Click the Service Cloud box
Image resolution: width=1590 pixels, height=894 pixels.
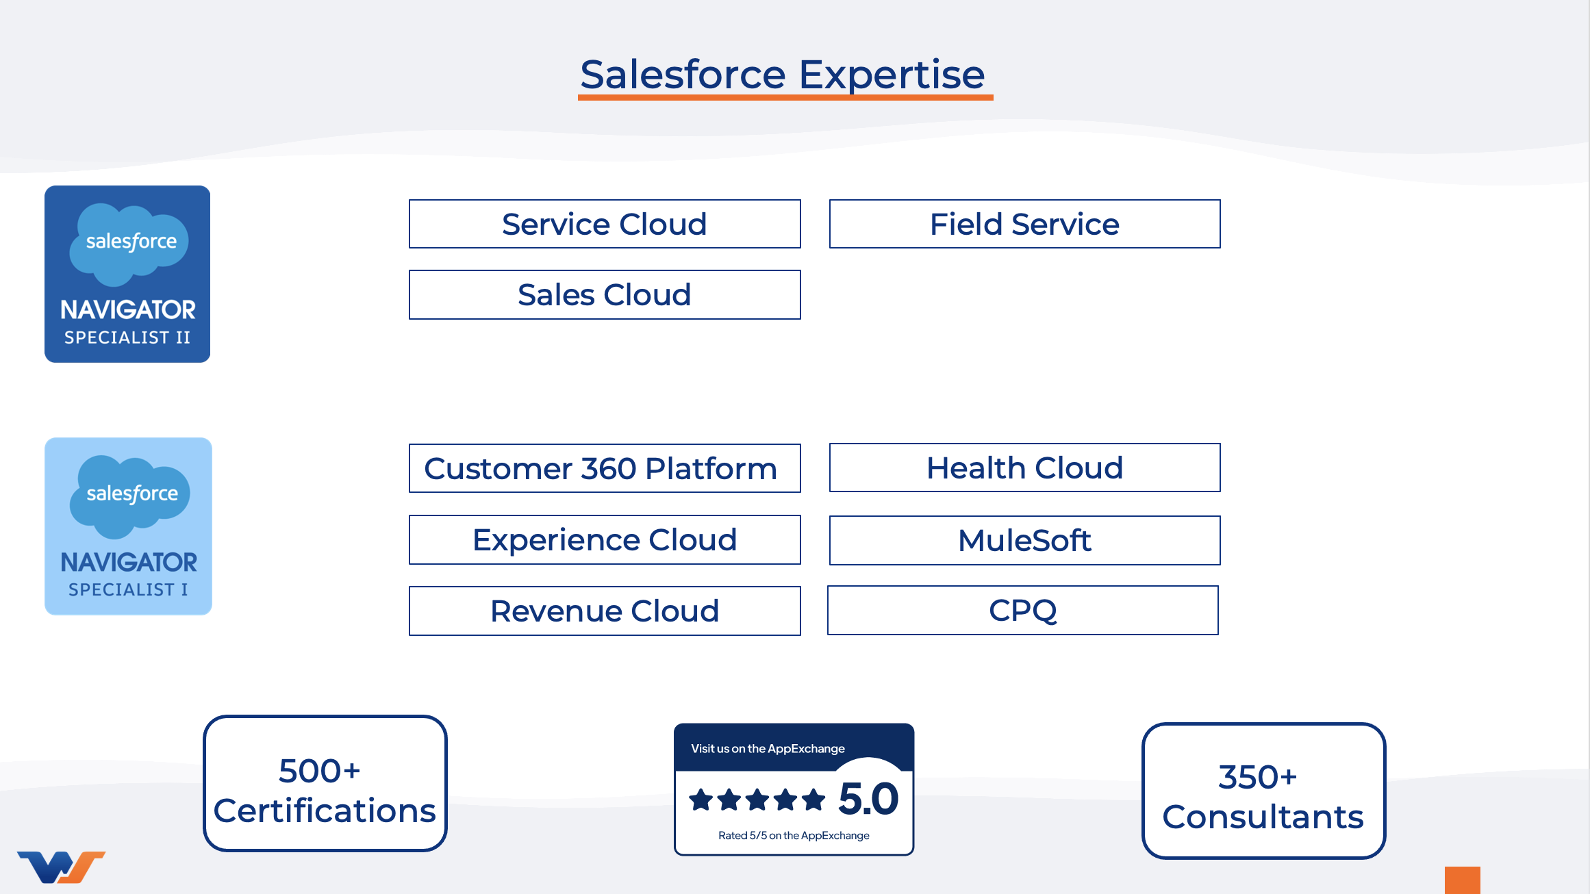click(x=604, y=224)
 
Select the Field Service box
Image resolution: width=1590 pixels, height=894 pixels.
click(x=1024, y=224)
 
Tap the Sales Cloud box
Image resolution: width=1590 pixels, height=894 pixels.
click(x=604, y=294)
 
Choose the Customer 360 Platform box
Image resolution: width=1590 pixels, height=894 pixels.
click(x=604, y=468)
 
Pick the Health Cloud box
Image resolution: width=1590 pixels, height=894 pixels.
click(x=1024, y=468)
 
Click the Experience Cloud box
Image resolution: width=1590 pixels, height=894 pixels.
click(x=604, y=539)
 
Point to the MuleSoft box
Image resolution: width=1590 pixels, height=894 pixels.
click(x=1024, y=540)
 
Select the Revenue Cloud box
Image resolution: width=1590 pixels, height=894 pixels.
click(x=604, y=611)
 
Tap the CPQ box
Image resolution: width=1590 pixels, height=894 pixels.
click(x=1022, y=610)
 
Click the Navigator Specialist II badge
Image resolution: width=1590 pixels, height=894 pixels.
click(x=127, y=274)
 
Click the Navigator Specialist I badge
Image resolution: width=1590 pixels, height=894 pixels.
click(x=128, y=526)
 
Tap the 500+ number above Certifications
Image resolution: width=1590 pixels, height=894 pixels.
click(x=319, y=771)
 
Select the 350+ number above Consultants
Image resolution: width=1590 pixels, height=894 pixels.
click(x=1257, y=777)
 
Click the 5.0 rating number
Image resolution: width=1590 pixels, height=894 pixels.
click(x=868, y=799)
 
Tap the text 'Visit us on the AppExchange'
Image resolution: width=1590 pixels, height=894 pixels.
click(x=768, y=748)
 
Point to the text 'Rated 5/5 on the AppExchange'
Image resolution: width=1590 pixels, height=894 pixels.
click(x=794, y=835)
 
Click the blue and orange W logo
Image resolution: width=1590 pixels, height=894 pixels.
click(x=61, y=867)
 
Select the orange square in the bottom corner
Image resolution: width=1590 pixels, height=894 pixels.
click(x=1462, y=880)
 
